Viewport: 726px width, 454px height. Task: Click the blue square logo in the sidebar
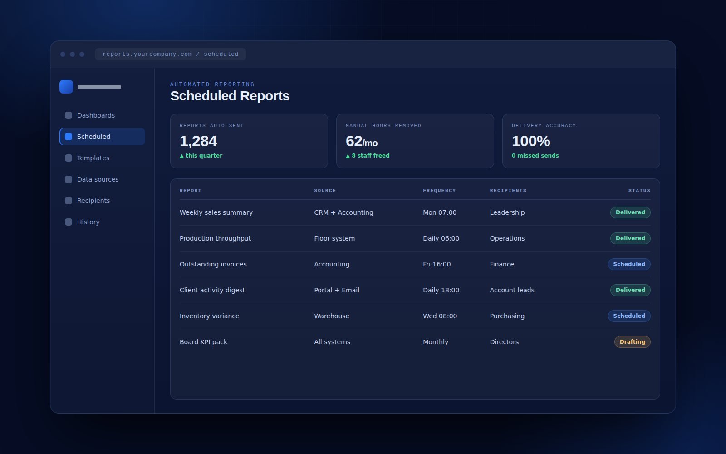(x=66, y=87)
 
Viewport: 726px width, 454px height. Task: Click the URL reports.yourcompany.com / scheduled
(x=171, y=54)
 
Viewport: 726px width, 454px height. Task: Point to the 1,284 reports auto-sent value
(x=198, y=141)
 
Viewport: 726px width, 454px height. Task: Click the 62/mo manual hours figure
(x=362, y=141)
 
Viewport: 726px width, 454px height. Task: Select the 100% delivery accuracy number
(x=531, y=141)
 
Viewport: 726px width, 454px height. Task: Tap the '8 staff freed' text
(x=371, y=156)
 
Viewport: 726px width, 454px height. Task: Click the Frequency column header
(x=440, y=191)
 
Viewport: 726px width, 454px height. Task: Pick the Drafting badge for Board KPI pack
(x=633, y=342)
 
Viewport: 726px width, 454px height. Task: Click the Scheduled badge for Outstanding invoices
(x=629, y=264)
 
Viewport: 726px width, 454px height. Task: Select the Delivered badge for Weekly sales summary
(x=630, y=212)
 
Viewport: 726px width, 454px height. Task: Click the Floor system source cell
(x=334, y=238)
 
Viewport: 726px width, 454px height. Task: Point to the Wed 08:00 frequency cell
(x=440, y=316)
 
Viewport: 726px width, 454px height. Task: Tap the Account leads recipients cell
(x=512, y=290)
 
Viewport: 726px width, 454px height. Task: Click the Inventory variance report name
(x=209, y=316)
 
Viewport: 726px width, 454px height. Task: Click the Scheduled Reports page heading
(x=230, y=96)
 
